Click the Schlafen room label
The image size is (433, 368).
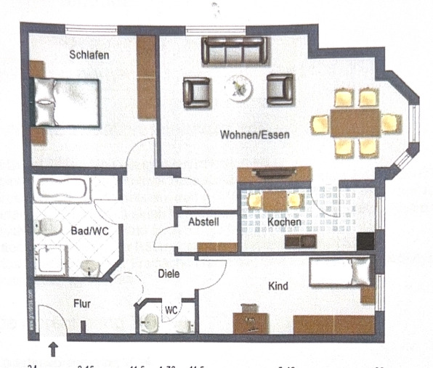89,56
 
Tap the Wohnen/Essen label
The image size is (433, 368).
251,134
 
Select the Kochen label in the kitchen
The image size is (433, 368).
280,221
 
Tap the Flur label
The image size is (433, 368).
81,303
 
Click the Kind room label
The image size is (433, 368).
278,286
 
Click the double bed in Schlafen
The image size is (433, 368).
65,102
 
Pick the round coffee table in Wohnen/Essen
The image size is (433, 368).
238,89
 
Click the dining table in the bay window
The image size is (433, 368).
356,122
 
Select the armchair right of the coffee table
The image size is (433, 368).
280,89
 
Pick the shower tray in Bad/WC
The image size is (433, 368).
51,260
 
